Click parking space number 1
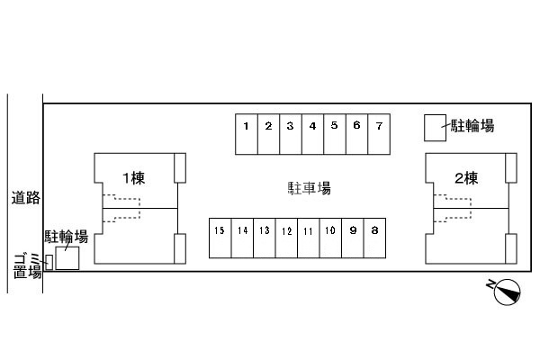(247, 134)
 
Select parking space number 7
(379, 134)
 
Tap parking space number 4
(312, 134)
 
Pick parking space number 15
(220, 238)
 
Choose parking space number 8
(374, 238)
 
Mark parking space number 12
(286, 238)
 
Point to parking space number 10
(330, 238)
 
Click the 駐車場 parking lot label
(310, 188)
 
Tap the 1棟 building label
(134, 178)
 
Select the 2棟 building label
(466, 178)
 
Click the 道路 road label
(26, 198)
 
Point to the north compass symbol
(507, 292)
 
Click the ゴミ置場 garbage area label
(28, 265)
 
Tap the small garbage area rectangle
(49, 262)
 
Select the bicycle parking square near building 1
(67, 258)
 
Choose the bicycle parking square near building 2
(435, 128)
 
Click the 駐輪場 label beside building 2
(472, 126)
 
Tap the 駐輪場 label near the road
(66, 237)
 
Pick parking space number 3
(291, 134)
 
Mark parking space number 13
(265, 238)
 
